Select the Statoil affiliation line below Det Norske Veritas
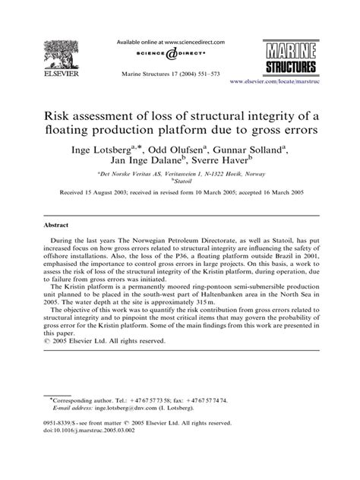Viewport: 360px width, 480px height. (x=181, y=184)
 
